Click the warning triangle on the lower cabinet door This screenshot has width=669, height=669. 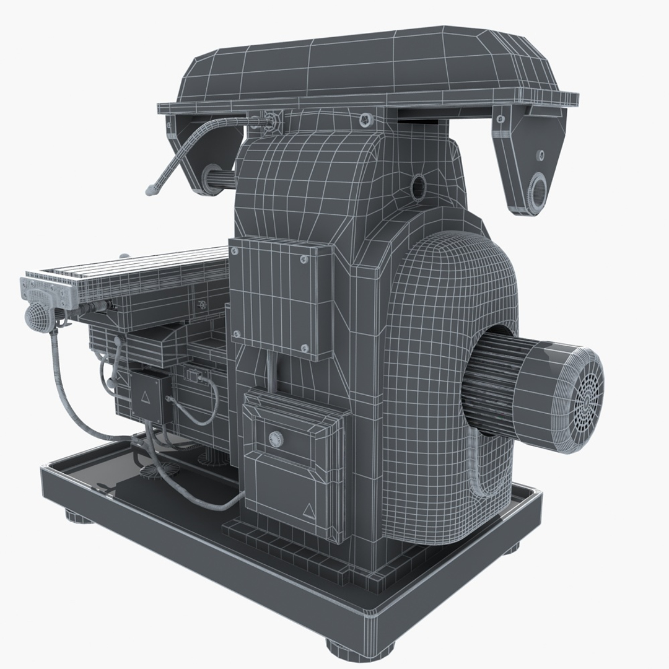pyautogui.click(x=308, y=510)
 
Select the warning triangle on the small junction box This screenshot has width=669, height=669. pyautogui.click(x=146, y=395)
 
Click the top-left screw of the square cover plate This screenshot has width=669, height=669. pyautogui.click(x=235, y=251)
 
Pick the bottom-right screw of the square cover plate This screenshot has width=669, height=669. pyautogui.click(x=304, y=349)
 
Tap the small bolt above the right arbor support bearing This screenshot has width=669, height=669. pyautogui.click(x=541, y=154)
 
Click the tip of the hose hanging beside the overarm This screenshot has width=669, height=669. pyautogui.click(x=150, y=191)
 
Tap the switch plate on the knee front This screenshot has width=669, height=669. pyautogui.click(x=194, y=375)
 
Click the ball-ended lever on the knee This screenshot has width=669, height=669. pyautogui.click(x=117, y=340)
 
